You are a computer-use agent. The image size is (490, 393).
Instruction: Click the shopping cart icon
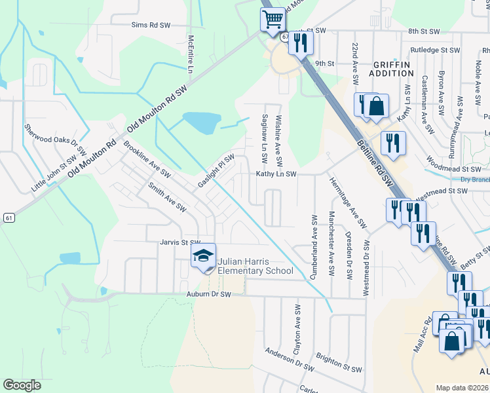pos(272,19)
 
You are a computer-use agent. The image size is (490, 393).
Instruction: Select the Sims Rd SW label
pos(150,24)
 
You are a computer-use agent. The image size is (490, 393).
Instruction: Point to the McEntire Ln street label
pos(191,54)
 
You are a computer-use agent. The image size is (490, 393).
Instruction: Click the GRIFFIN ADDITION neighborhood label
pos(392,69)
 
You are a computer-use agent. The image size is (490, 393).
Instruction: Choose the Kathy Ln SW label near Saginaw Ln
pos(276,174)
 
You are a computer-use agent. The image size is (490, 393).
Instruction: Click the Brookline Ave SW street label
pos(147,160)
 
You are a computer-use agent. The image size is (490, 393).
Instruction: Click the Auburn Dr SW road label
pos(209,295)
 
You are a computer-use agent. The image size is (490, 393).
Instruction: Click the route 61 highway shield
pos(8,217)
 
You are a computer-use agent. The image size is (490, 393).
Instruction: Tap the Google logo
pos(22,385)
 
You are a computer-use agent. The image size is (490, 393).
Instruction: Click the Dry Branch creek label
pos(475,180)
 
